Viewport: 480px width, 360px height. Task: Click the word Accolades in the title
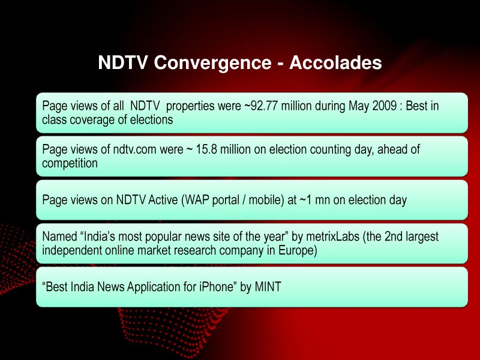[x=335, y=63]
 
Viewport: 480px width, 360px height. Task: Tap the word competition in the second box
[x=70, y=163]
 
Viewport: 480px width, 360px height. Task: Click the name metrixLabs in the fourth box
[x=329, y=236]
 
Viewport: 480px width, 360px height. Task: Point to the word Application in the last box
[x=155, y=287]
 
